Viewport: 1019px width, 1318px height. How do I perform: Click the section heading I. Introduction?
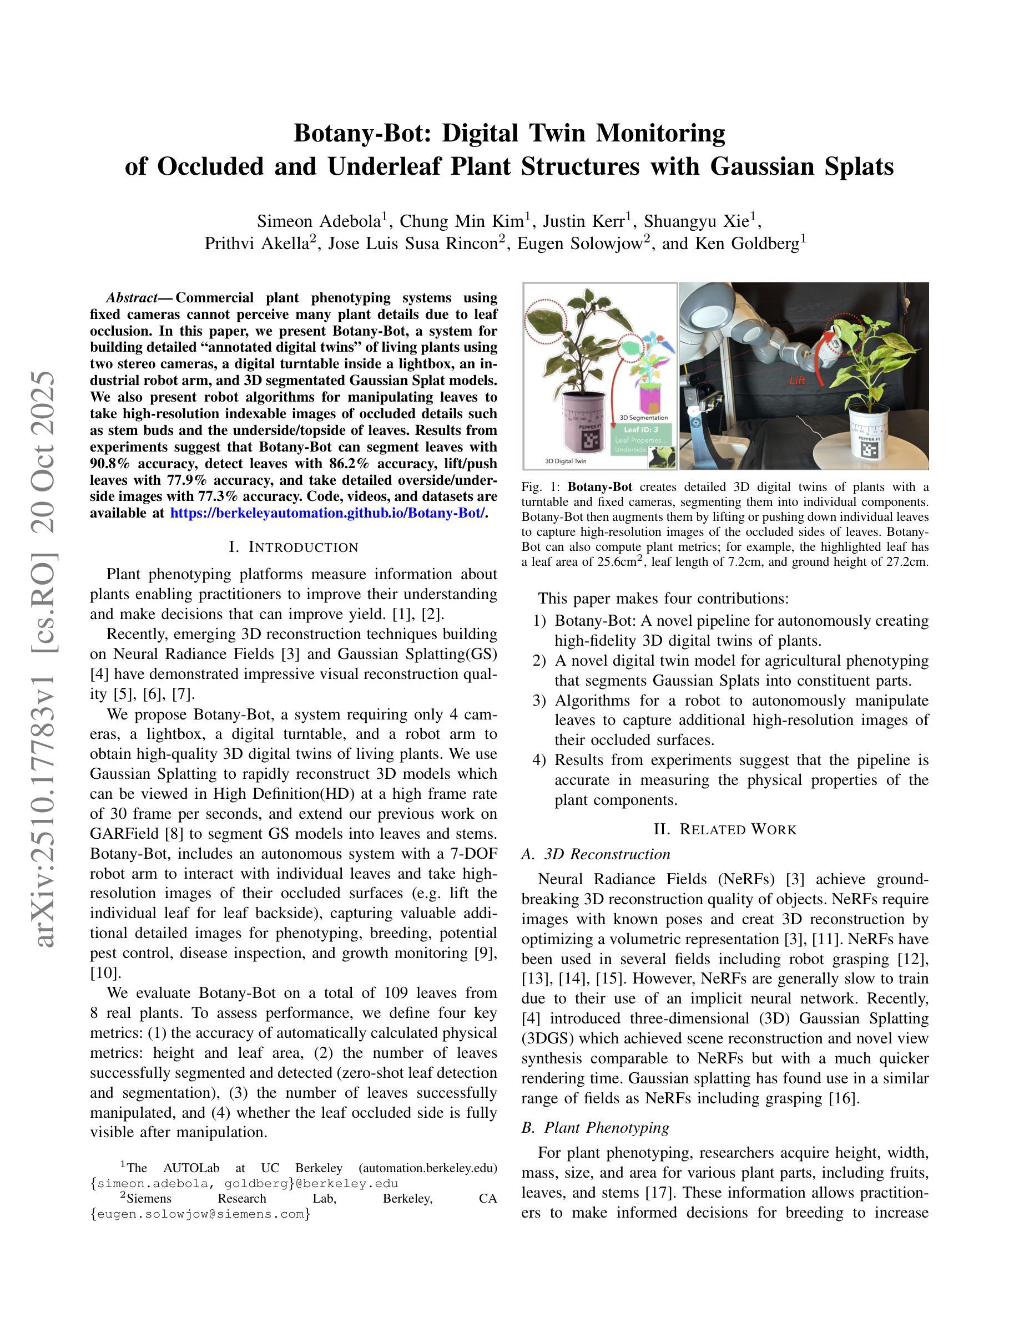click(294, 548)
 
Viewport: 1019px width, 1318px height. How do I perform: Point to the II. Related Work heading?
click(725, 829)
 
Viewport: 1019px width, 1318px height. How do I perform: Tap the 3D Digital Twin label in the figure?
click(566, 461)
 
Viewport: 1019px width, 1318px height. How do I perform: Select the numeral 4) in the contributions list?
click(539, 760)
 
